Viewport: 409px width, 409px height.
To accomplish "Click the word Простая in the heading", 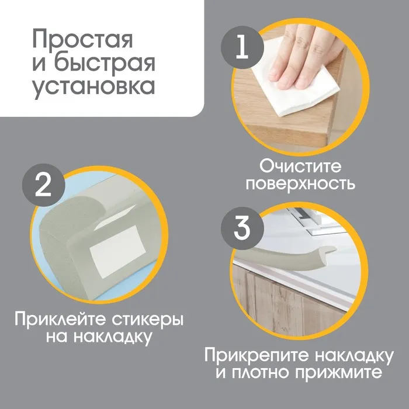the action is [83, 39].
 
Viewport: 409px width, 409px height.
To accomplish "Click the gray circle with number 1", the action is [242, 47].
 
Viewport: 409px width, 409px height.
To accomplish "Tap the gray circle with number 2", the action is [43, 185].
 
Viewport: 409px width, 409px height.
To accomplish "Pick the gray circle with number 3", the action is [242, 228].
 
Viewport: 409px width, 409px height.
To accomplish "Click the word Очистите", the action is [300, 167].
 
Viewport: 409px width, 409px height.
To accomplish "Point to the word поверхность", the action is [300, 185].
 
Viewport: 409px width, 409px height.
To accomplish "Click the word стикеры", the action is [148, 320].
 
